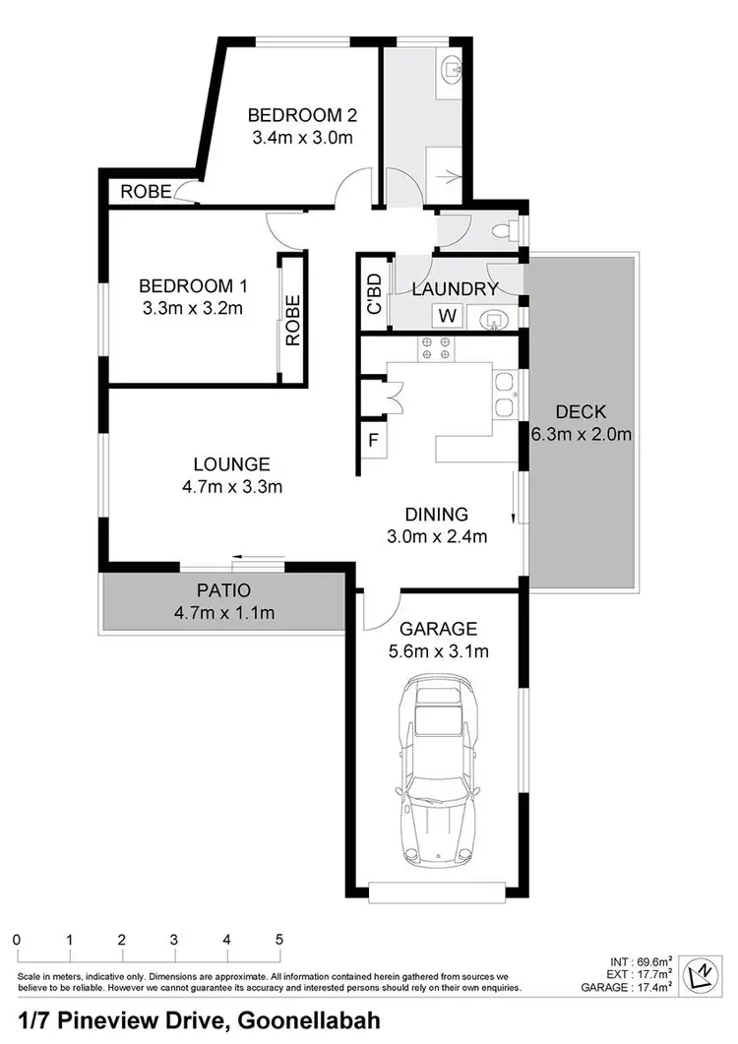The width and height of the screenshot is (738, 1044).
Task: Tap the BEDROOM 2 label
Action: tap(298, 112)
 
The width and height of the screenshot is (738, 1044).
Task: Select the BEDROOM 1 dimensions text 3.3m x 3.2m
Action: tap(192, 308)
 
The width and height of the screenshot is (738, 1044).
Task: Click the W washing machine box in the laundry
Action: tap(447, 316)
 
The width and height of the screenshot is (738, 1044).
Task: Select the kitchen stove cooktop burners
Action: tap(435, 347)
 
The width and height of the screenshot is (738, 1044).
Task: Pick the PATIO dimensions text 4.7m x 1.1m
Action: tap(224, 614)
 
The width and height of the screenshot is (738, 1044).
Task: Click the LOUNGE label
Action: tap(231, 463)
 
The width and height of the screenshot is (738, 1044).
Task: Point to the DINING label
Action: tap(437, 514)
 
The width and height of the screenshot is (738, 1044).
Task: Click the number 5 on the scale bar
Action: tap(279, 939)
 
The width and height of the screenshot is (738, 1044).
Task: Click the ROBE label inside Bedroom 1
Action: tap(292, 320)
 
